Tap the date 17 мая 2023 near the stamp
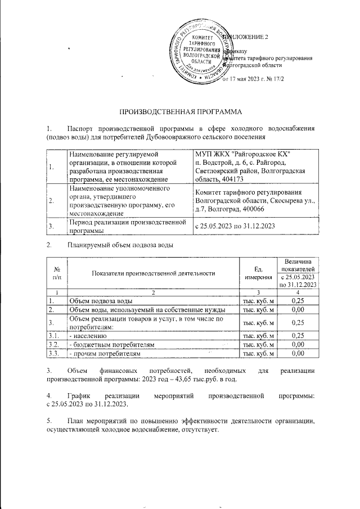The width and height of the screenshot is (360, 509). pyautogui.click(x=246, y=79)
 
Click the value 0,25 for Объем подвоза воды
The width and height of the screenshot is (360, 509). pyautogui.click(x=298, y=302)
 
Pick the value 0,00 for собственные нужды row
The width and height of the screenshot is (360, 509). pyautogui.click(x=298, y=310)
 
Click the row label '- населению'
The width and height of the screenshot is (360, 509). pyautogui.click(x=88, y=336)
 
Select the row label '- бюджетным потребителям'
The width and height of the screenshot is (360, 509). pyautogui.click(x=111, y=344)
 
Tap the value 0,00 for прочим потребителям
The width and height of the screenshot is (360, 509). pyautogui.click(x=298, y=353)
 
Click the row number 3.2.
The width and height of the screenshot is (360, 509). pyautogui.click(x=55, y=344)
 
